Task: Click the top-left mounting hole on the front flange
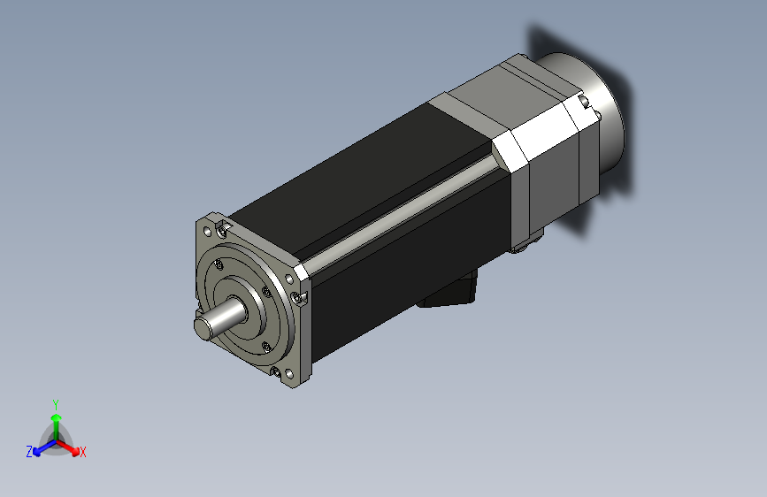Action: (207, 231)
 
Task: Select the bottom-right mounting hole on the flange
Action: (289, 375)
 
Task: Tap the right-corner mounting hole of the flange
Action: (289, 279)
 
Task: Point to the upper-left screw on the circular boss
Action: (219, 264)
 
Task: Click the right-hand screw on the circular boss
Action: (266, 292)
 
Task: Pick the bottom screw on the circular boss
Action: (266, 347)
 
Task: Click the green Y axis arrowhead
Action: (57, 418)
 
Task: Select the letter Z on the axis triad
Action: (29, 452)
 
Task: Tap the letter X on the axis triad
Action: (82, 453)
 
